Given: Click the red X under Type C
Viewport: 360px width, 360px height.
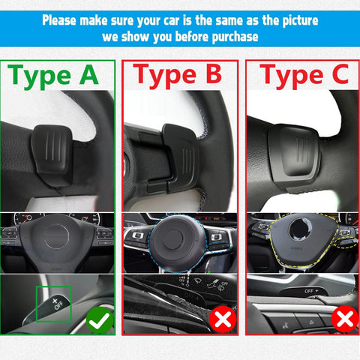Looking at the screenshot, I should tap(344, 319).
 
